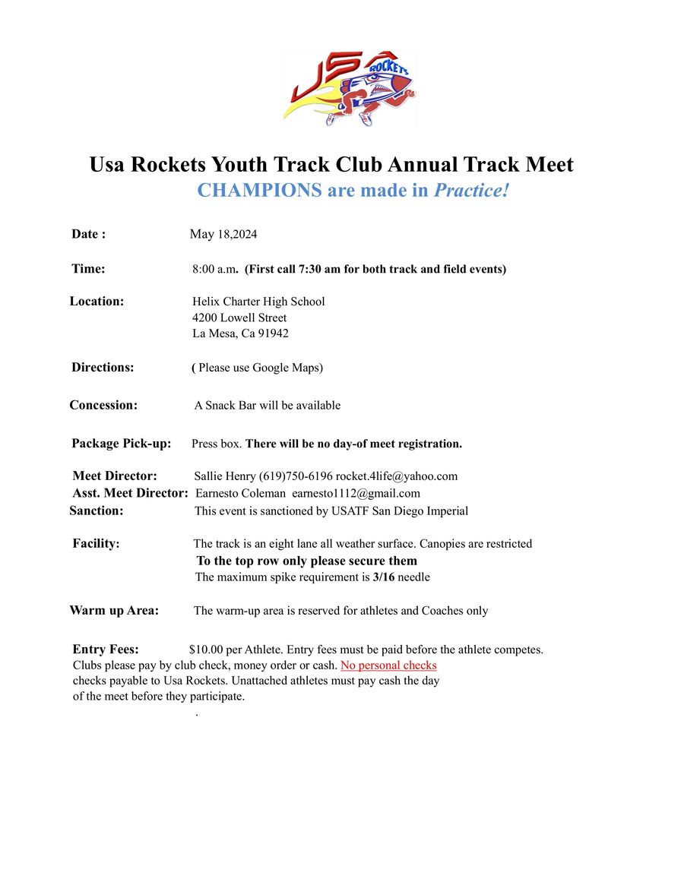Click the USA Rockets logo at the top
click(x=350, y=88)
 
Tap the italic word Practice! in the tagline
click(x=470, y=191)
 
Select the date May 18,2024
click(x=223, y=234)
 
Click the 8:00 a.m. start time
click(x=214, y=269)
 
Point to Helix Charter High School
click(x=258, y=302)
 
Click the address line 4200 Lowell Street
click(x=239, y=318)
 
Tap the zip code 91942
click(x=274, y=333)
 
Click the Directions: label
click(x=103, y=368)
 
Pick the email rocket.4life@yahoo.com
click(x=397, y=476)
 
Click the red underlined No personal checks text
click(x=388, y=665)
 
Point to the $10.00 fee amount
click(x=205, y=650)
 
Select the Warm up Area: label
click(x=114, y=611)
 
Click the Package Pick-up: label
click(x=122, y=444)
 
